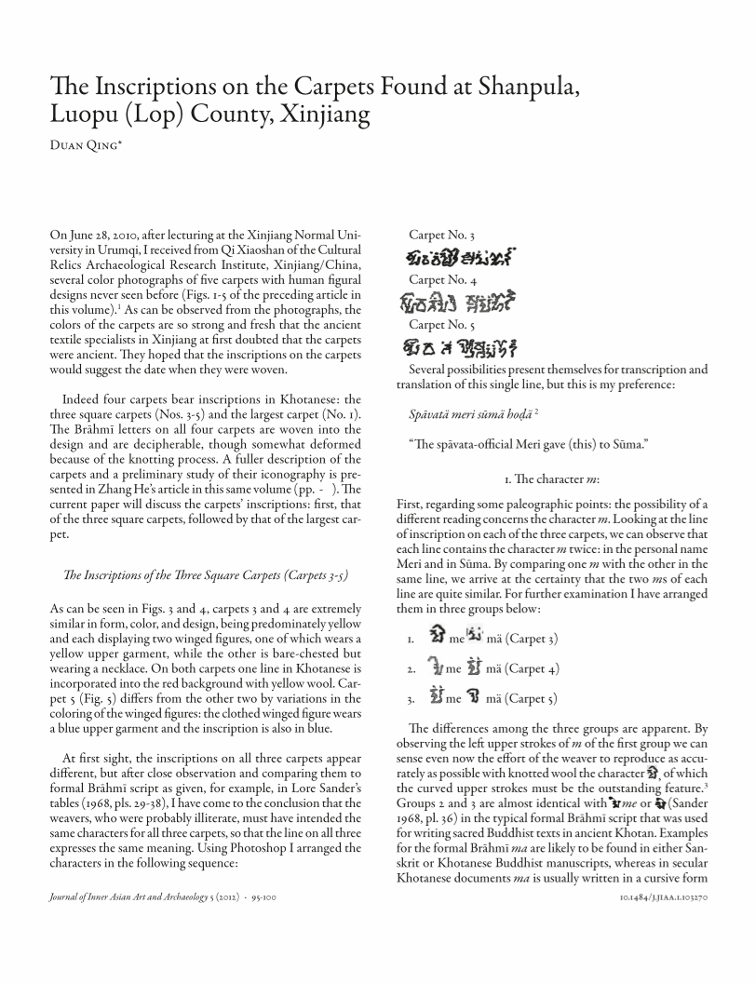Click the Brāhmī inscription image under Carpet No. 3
[x=462, y=257]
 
